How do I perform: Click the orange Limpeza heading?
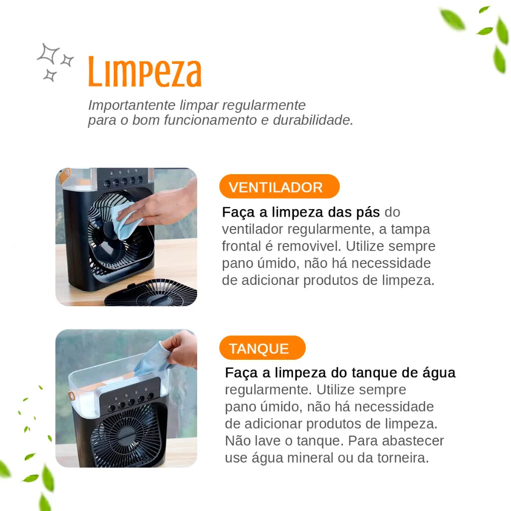(x=145, y=73)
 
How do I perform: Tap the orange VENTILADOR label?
(x=276, y=187)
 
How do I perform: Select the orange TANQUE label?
(x=259, y=348)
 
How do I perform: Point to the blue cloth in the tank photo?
(x=150, y=357)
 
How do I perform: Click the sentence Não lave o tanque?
(x=284, y=441)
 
